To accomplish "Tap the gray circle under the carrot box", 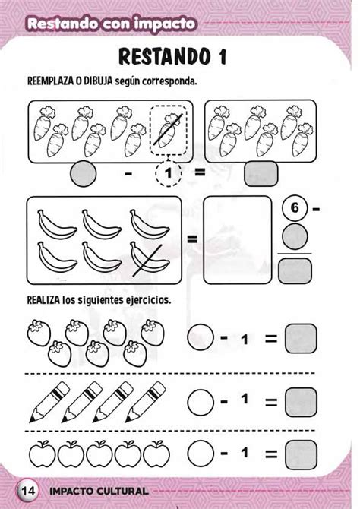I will (x=82, y=174).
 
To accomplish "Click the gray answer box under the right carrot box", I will (x=258, y=175).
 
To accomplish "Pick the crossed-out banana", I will (x=146, y=261).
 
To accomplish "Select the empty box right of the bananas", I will (x=238, y=239).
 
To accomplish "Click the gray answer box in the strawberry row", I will (x=300, y=337).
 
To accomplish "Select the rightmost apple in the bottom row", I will (x=156, y=454).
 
